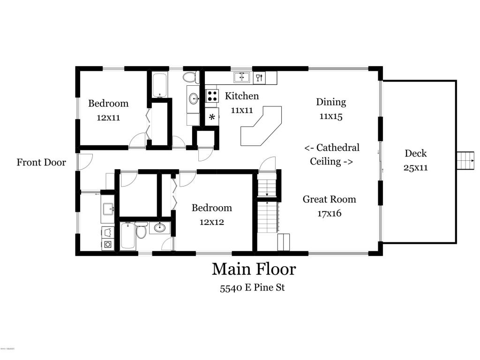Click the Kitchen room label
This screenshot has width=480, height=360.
(241, 96)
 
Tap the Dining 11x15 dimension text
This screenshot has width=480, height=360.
(331, 116)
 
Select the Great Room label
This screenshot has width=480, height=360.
(330, 199)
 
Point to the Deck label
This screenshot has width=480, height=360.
(415, 153)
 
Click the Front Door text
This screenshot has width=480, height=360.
(41, 162)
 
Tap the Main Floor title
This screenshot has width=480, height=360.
(254, 269)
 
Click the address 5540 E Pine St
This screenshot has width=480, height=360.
(253, 288)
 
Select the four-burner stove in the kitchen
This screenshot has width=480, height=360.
(212, 96)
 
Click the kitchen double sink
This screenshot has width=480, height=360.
(242, 77)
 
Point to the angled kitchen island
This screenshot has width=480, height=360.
(261, 126)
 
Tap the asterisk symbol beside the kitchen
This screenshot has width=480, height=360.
(212, 117)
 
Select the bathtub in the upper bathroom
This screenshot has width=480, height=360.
(159, 85)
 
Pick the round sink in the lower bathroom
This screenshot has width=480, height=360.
(159, 227)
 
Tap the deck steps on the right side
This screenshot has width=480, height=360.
(465, 160)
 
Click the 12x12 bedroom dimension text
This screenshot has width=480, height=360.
(212, 222)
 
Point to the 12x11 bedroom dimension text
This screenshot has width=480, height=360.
(108, 118)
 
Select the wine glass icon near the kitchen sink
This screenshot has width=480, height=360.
(259, 77)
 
